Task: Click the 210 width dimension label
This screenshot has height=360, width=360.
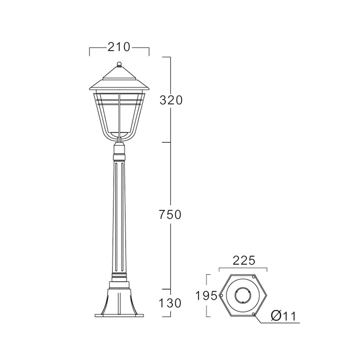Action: coord(119,47)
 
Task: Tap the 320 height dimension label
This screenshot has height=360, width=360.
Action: coord(171,100)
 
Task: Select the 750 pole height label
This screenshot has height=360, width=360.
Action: coord(170,215)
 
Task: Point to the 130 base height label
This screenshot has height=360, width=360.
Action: coord(170,303)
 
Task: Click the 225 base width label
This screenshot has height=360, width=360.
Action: coord(244,261)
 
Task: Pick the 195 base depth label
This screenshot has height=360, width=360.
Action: coord(206,296)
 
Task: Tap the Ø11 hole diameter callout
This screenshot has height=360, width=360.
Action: coord(284,316)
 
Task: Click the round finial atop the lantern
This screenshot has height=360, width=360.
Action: coord(119,64)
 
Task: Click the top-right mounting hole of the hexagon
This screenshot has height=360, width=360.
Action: coord(253,277)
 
